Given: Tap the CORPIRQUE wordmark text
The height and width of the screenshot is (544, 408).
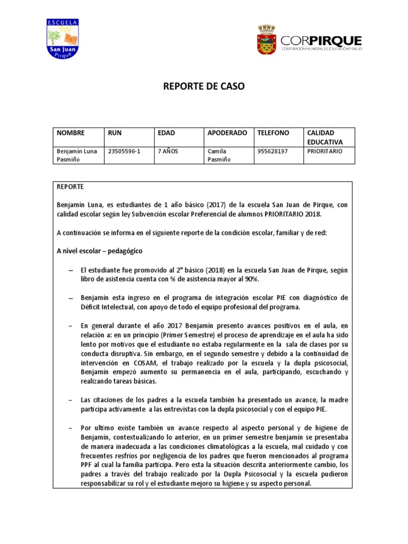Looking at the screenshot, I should pos(321,41).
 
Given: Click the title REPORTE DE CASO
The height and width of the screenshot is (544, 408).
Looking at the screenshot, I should pos(203,87).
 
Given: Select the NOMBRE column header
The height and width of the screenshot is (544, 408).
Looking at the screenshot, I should pos(71,133).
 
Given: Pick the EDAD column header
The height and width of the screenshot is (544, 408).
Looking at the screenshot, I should pos(166,133).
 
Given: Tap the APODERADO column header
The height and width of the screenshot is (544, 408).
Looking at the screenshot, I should pos(227,133).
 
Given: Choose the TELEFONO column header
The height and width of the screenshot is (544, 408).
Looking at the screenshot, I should pos(273,133).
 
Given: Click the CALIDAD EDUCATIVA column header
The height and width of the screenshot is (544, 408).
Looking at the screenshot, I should pos(325,137).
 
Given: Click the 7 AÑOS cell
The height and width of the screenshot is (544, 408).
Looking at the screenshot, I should pos(168,151).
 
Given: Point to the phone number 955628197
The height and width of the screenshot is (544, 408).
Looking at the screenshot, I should pos(273,151).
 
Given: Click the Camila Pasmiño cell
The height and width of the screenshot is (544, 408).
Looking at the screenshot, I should pos(219,155).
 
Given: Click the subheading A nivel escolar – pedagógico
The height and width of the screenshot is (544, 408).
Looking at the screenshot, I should pos(99,251).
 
